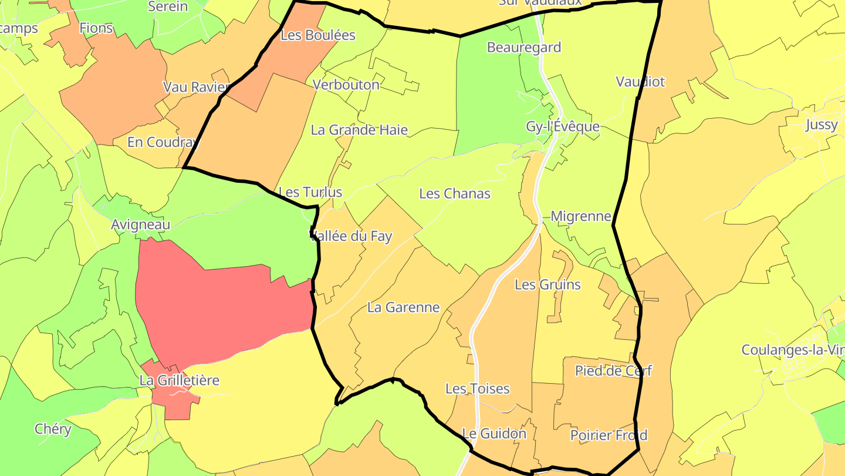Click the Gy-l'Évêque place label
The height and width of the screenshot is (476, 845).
point(563,127)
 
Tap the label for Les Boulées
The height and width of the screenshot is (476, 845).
point(318,35)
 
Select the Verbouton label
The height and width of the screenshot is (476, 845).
point(346,85)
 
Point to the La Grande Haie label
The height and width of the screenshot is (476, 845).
point(359,130)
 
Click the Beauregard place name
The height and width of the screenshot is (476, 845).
point(524,48)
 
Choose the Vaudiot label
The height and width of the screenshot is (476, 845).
point(640,82)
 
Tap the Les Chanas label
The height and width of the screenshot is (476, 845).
point(455,193)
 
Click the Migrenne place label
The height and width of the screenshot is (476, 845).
point(581,216)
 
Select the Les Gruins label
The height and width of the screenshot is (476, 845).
point(547,284)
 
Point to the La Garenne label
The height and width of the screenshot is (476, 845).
point(403,307)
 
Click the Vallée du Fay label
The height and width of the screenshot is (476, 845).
point(351,236)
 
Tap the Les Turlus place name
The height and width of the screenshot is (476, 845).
point(310,192)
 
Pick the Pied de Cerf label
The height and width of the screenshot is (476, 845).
point(613,371)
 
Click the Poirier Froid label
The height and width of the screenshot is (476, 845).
point(609,435)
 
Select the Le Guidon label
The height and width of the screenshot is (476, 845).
point(494,434)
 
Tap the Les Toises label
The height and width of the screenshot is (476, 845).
point(477,388)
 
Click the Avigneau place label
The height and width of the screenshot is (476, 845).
point(141,224)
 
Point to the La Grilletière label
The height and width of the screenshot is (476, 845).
point(180,380)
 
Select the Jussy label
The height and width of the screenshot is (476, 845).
point(822,125)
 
